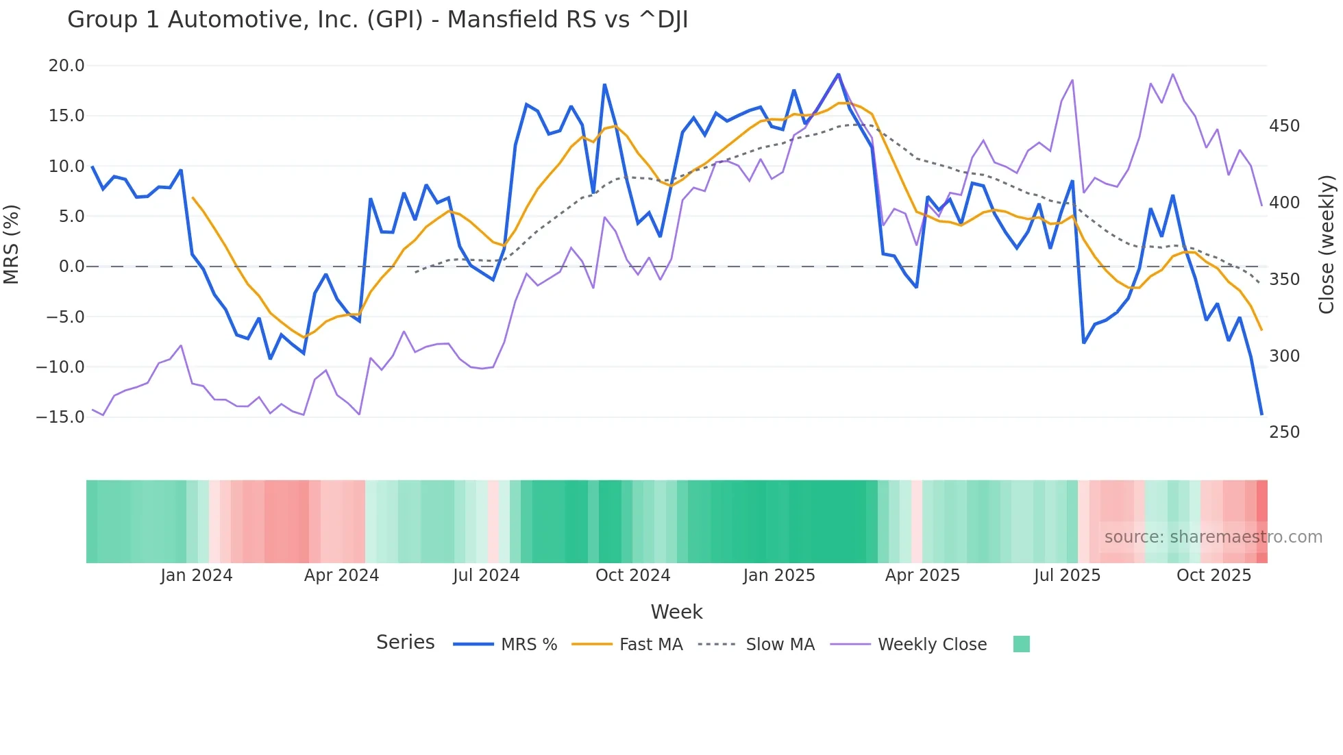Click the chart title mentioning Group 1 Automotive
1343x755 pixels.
tap(378, 20)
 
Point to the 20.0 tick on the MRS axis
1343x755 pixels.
tap(66, 66)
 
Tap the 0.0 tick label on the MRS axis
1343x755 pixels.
tap(71, 267)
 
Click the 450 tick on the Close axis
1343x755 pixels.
tap(1284, 126)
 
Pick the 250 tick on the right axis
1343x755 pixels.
tap(1284, 432)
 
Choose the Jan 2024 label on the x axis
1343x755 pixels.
tap(197, 575)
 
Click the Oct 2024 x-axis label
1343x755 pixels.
tap(632, 575)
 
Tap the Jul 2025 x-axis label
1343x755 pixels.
tap(1067, 575)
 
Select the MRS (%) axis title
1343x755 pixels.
tap(12, 244)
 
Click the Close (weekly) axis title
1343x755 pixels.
tap(1327, 244)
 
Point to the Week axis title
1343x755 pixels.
tap(676, 612)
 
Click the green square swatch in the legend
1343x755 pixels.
tap(1021, 644)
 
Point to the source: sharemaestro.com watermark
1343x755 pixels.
tap(1213, 537)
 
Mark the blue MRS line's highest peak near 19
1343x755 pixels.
tap(838, 75)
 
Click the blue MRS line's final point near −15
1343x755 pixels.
tap(1261, 414)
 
